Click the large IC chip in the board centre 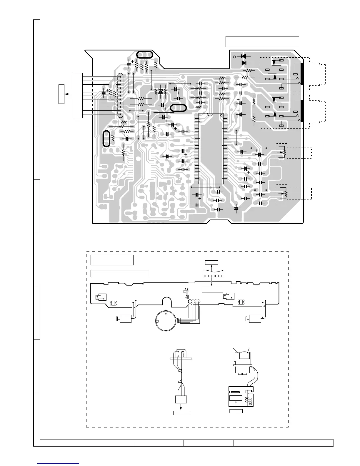[211, 149]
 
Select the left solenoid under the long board [123, 318]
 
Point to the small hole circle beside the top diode [234, 57]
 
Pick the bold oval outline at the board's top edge [145, 55]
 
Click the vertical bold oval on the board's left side [106, 139]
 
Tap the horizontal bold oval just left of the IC [179, 108]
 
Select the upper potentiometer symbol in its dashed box [284, 152]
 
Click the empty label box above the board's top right [262, 41]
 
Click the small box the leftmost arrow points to [61, 94]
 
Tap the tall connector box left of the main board [77, 95]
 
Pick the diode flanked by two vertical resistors [161, 91]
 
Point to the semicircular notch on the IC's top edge [211, 114]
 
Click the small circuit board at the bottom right [241, 397]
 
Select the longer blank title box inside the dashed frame [120, 273]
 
